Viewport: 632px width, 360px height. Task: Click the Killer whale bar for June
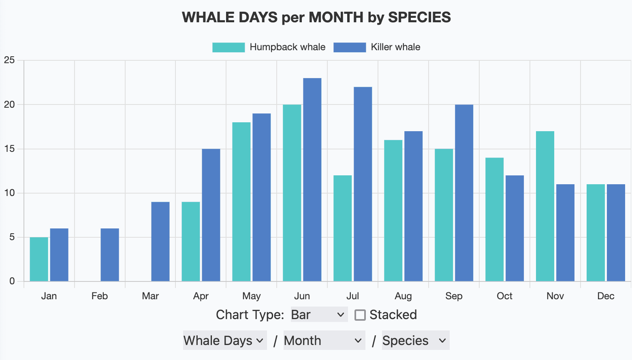(x=312, y=180)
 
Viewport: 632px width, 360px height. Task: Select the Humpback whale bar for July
(x=342, y=228)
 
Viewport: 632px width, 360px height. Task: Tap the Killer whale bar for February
(x=110, y=255)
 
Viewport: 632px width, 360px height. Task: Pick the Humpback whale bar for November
(x=545, y=206)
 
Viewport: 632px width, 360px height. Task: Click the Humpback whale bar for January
(x=39, y=259)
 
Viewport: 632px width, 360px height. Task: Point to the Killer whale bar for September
(x=464, y=193)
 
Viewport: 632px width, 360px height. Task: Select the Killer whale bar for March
(x=160, y=242)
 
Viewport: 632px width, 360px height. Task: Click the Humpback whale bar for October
(x=494, y=219)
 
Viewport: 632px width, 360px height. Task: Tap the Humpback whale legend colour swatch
(x=228, y=47)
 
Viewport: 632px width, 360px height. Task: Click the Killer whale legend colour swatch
(x=350, y=47)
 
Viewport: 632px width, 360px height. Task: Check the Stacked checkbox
(x=360, y=315)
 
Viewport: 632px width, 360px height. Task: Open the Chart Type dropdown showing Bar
(x=319, y=315)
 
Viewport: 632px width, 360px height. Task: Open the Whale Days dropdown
(x=224, y=341)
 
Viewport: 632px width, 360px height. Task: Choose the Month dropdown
(x=324, y=341)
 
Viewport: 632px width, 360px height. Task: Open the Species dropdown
(x=415, y=341)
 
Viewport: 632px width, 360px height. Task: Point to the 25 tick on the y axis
(x=9, y=60)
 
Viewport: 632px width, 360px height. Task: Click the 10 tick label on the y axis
(x=9, y=193)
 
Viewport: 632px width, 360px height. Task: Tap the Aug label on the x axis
(x=403, y=296)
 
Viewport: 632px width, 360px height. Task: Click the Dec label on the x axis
(x=606, y=296)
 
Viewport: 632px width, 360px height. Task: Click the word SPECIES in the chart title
(x=419, y=17)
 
